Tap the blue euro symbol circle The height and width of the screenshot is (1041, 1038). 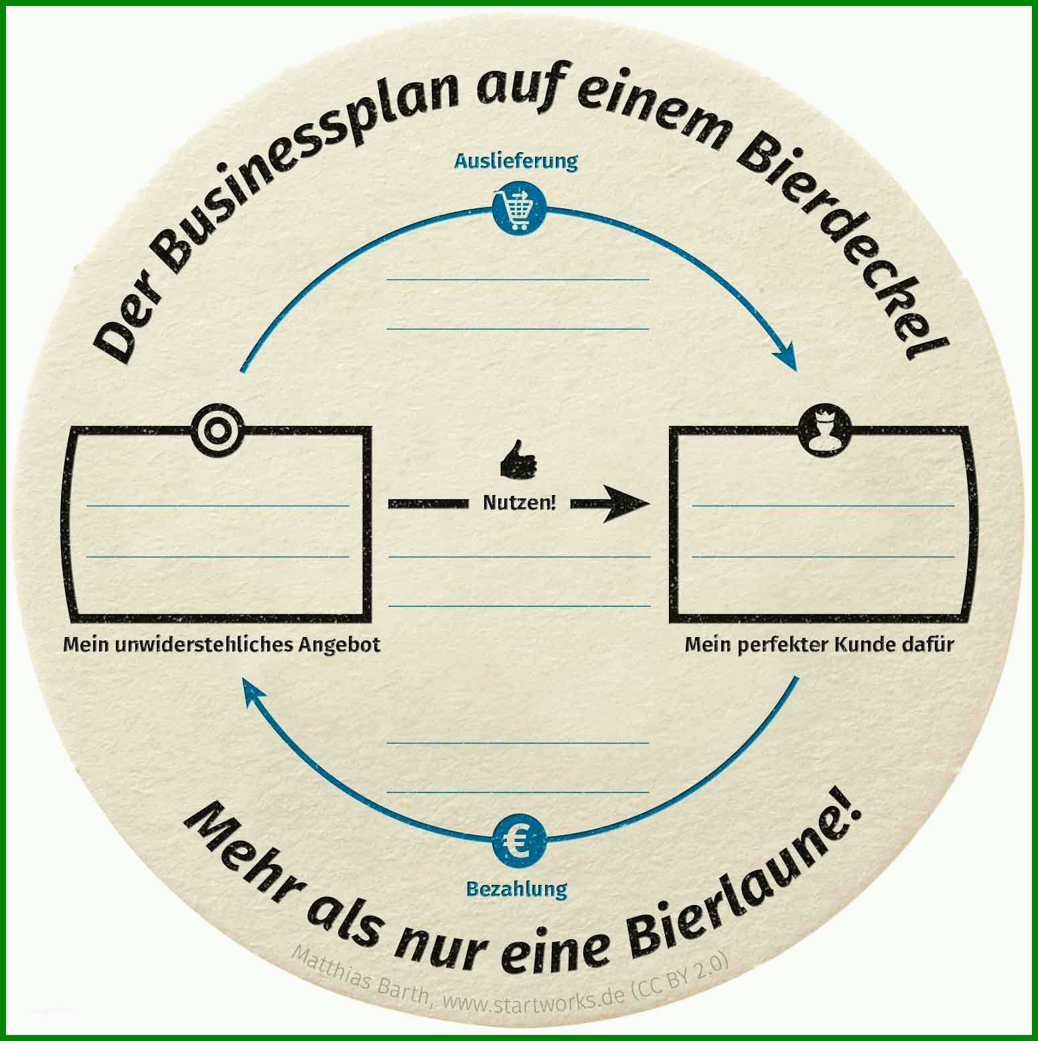(519, 841)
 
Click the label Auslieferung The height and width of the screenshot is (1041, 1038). (516, 161)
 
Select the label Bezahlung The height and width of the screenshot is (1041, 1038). (516, 890)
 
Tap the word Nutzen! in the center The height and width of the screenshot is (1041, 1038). (520, 502)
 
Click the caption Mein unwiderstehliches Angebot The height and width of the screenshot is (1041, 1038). (222, 644)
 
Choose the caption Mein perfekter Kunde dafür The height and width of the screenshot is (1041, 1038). (819, 644)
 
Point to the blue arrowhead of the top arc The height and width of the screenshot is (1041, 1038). (787, 357)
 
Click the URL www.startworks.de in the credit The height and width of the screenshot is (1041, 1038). (529, 999)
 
